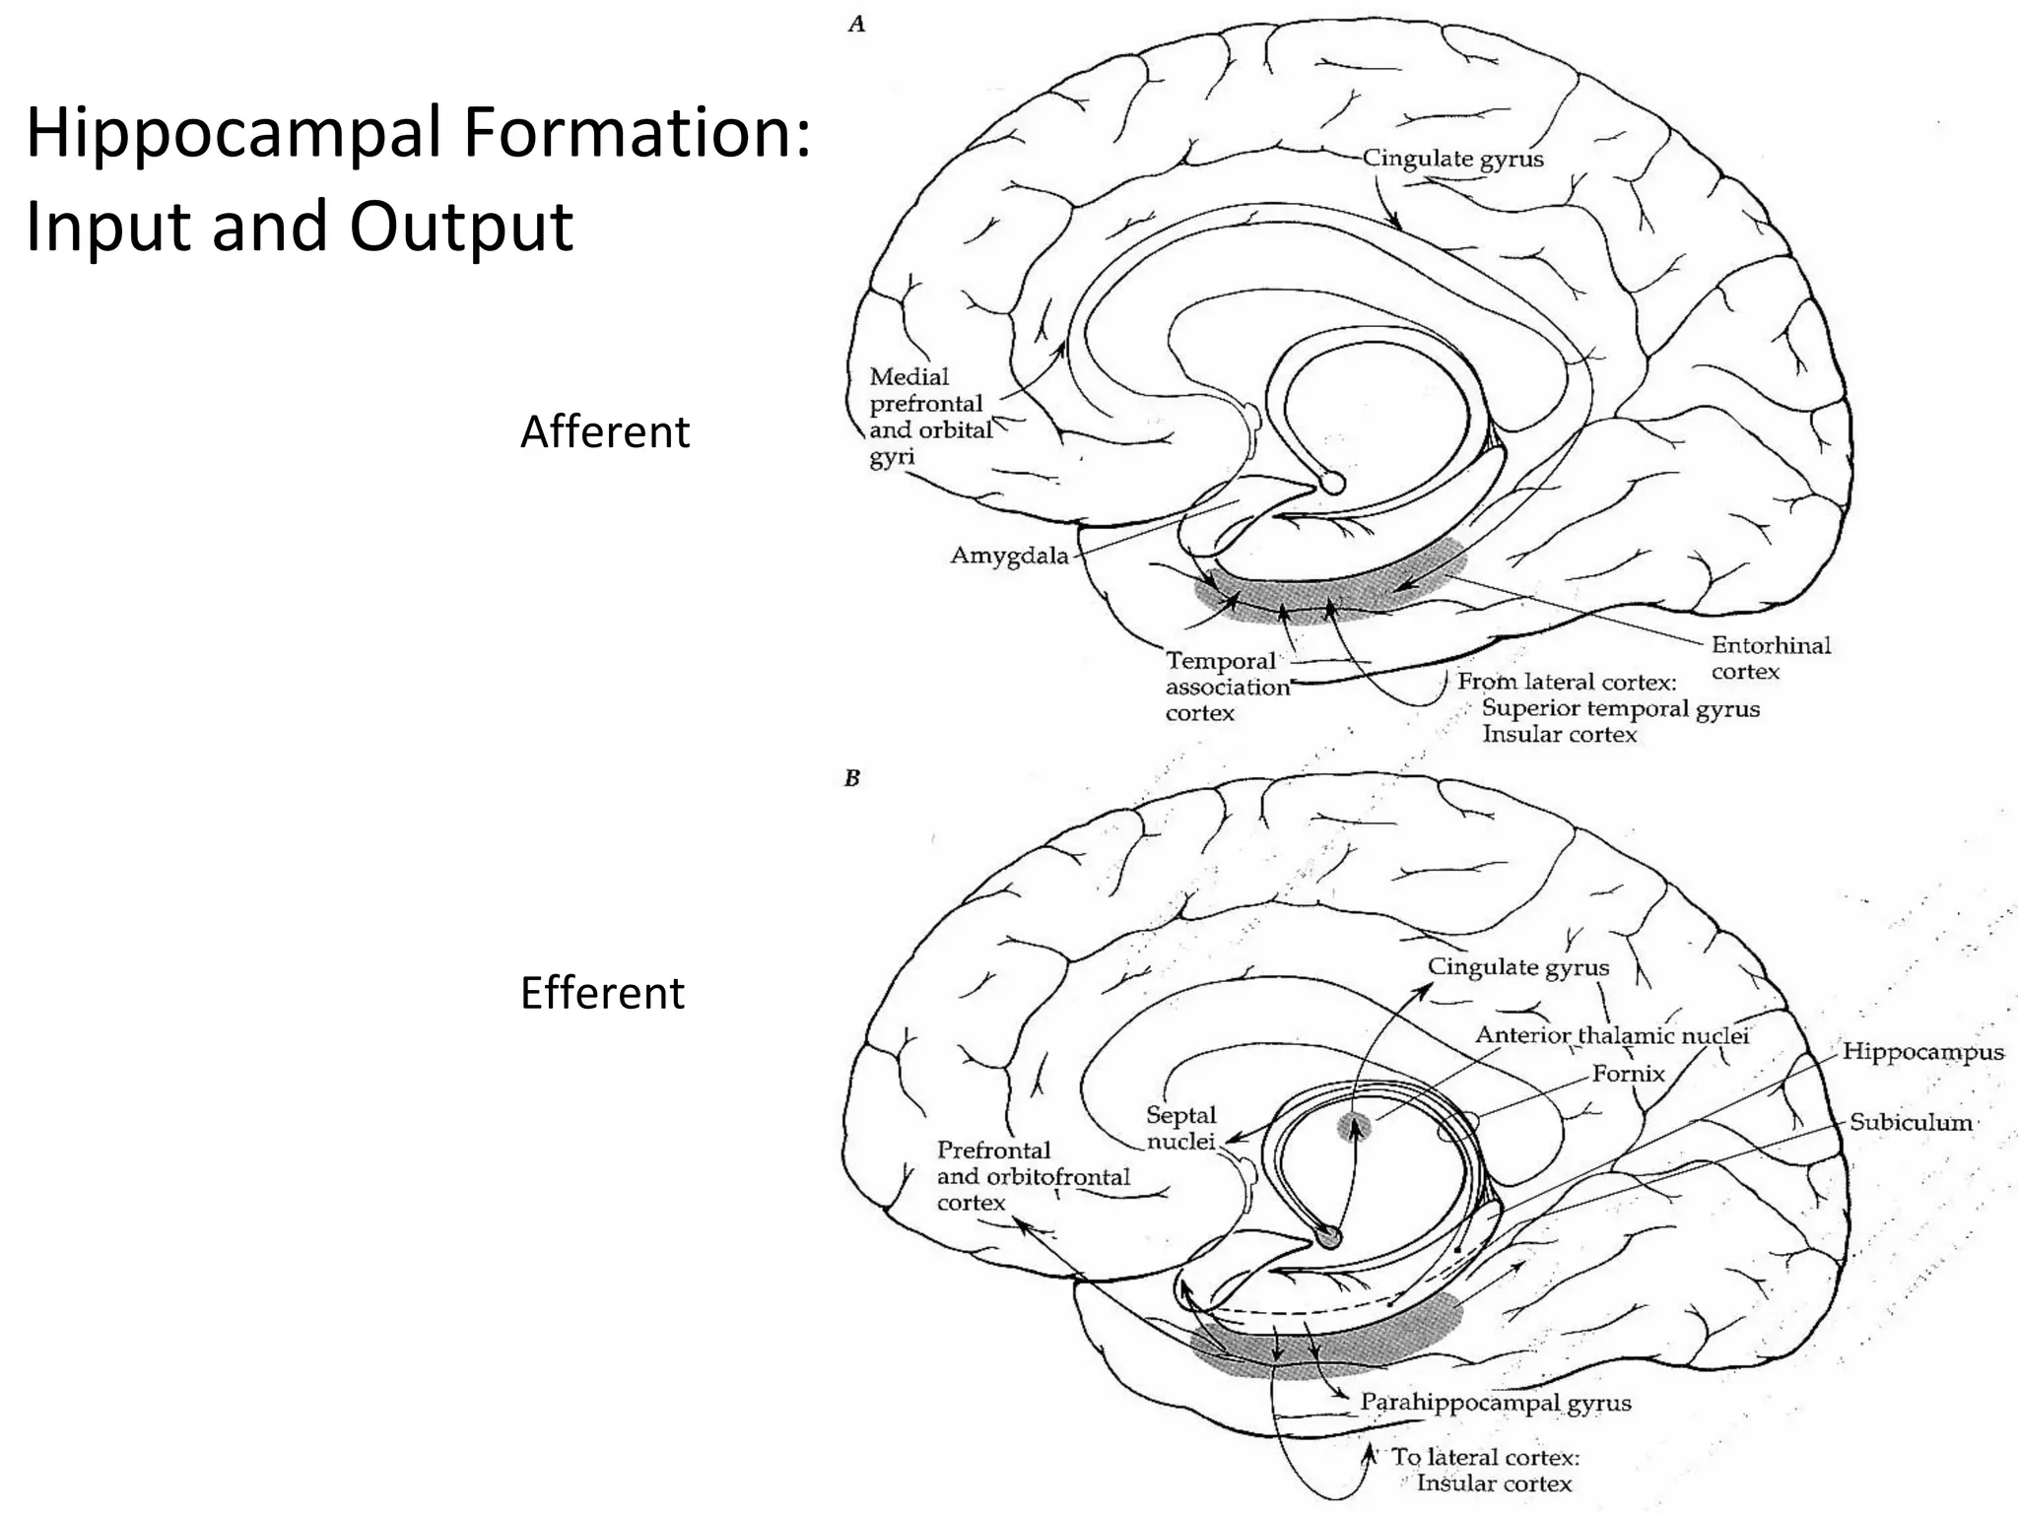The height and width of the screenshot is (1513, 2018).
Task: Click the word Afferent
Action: [604, 431]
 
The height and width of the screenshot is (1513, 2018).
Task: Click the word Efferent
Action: [601, 993]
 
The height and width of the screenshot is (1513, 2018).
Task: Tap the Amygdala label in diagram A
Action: [1008, 556]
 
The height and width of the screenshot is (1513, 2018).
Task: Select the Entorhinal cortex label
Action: [1770, 658]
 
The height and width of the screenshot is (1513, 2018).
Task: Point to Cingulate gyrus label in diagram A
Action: [1452, 159]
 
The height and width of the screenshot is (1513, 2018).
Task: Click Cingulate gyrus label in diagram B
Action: [1517, 967]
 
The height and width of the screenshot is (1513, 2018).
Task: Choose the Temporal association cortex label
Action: [1226, 687]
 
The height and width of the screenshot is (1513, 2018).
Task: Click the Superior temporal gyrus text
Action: [1620, 708]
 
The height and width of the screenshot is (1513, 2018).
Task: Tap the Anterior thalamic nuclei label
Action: [1611, 1035]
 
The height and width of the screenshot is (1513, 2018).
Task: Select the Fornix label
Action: [1628, 1074]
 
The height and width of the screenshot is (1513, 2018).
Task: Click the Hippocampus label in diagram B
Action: [1922, 1051]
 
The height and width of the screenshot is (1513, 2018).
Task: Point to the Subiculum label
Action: [1910, 1122]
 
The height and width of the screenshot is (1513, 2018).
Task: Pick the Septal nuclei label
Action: [1180, 1128]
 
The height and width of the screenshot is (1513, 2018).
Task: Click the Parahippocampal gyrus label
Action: [1495, 1402]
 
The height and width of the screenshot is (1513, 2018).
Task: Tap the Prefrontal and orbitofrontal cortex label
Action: [1032, 1176]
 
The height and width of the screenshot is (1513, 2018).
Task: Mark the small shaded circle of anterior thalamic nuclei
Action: [1354, 1127]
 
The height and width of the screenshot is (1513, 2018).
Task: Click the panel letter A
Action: [856, 25]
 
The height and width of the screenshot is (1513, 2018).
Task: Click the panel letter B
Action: [852, 778]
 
